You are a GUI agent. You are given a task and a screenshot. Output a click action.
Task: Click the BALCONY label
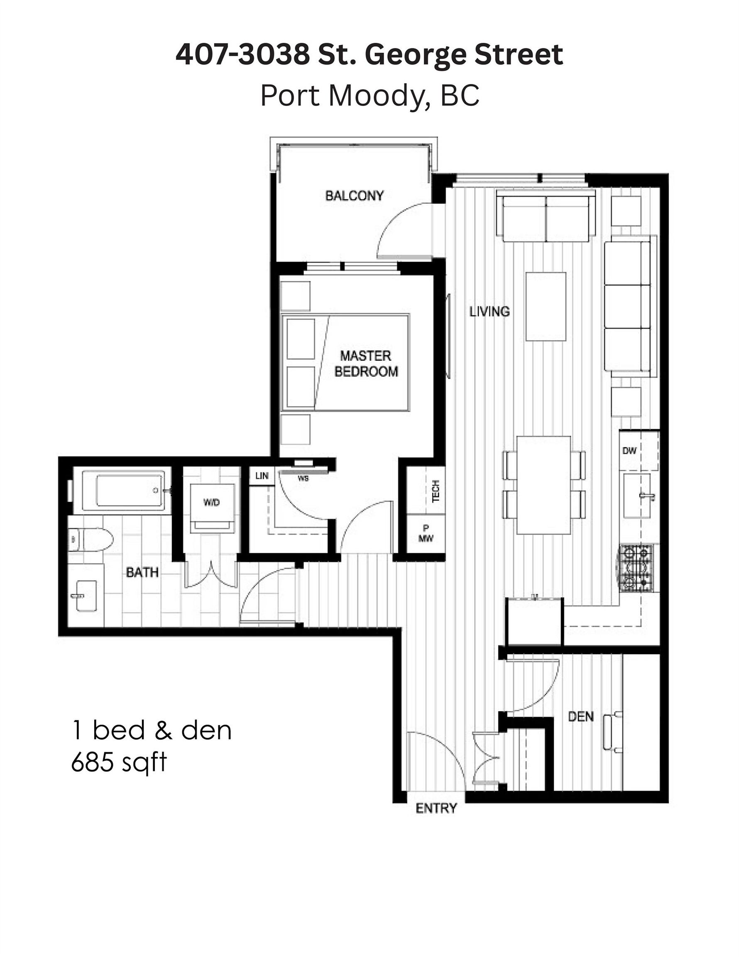(354, 196)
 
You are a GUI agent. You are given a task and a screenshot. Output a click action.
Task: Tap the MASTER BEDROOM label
(366, 363)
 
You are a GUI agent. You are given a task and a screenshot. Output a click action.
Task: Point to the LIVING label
(489, 312)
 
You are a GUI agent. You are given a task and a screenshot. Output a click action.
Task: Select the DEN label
(580, 717)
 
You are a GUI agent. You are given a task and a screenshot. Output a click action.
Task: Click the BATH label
(142, 572)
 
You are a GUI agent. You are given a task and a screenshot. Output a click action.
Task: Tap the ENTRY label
(436, 808)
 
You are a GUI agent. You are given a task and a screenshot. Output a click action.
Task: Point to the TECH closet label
(436, 491)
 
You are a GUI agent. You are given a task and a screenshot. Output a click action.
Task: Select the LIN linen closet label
(262, 476)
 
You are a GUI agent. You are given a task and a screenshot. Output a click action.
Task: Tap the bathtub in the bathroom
(127, 490)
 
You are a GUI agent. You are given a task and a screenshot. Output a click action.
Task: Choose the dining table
(543, 485)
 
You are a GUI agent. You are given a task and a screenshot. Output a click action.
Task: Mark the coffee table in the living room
(546, 306)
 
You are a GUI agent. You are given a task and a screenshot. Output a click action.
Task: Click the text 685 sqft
(119, 763)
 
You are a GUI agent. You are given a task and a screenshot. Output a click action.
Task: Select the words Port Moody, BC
(369, 95)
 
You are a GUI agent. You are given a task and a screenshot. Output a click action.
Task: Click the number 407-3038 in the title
(242, 55)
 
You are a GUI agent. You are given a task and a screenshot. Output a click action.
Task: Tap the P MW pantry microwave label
(426, 533)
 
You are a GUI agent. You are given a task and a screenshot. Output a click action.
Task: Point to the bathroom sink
(86, 596)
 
